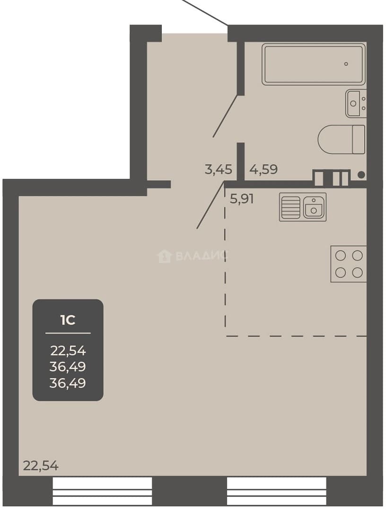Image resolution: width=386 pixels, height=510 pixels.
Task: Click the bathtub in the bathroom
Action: pos(314,64)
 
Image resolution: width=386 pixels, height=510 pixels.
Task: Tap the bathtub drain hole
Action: pos(346,64)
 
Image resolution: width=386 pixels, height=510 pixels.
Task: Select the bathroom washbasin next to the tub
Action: pos(356,103)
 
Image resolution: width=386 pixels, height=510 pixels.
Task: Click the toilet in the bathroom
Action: pos(342,139)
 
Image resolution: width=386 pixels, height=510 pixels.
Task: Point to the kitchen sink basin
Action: pos(314,207)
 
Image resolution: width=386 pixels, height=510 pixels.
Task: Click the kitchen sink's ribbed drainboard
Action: pos(290,207)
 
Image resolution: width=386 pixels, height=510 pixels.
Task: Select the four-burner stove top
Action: pos(349,264)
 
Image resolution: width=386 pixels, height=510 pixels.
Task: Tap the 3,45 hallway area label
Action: pos(218,170)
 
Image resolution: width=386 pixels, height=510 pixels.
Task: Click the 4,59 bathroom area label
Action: pos(263,170)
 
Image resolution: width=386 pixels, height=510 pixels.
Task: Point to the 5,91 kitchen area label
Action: pos(242,198)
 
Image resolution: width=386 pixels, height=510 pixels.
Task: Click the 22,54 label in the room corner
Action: pos(41,466)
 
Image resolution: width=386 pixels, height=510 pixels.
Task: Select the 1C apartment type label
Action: pos(68,320)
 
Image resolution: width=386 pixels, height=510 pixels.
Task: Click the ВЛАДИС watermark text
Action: pos(201,256)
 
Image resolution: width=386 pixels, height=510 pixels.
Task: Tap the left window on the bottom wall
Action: pos(102,491)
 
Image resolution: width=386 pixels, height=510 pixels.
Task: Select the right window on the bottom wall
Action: pos(277,491)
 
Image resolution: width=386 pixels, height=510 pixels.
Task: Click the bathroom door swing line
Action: pos(226,116)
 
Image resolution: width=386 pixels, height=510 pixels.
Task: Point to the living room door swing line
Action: pos(211,205)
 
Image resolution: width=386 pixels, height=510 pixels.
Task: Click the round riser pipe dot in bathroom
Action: pos(361,175)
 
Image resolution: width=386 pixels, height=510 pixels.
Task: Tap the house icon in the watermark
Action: pos(164,256)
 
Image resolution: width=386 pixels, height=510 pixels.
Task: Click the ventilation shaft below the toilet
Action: pos(331,178)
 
